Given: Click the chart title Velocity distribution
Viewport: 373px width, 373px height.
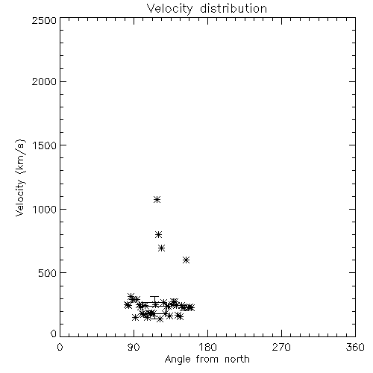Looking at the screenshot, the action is pos(207,8).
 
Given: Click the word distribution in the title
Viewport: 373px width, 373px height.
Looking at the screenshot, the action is pos(233,8).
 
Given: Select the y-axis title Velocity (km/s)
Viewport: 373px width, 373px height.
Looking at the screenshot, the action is pos(20,178).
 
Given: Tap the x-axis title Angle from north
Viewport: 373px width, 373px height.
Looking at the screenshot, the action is pos(207,359).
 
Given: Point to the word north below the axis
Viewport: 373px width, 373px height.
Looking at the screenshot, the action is pos(237,360).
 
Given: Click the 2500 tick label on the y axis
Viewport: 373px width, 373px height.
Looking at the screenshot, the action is pos(44,20).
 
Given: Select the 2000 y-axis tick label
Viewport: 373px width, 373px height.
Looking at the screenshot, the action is pos(44,82).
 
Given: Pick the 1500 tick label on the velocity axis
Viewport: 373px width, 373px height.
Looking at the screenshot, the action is pos(45,145).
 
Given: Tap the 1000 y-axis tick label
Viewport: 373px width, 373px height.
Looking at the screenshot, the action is pos(45,210).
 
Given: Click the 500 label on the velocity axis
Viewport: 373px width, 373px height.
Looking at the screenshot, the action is pos(48,273).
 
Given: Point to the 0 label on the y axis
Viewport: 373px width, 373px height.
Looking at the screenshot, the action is pos(54,333).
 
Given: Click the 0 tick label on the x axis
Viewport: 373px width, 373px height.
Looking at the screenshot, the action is pos(60,347).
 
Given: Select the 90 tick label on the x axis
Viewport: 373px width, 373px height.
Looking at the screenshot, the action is pos(134,347).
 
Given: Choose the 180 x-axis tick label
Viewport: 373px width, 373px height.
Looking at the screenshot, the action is pos(207,347).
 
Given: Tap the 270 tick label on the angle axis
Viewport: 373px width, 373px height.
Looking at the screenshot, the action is pos(281,347).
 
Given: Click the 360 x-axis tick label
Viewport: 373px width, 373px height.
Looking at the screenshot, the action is pos(355,347).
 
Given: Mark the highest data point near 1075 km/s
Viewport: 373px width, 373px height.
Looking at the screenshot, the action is pos(157,199).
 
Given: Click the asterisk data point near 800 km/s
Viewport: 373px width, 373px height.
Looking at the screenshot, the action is pos(158,234).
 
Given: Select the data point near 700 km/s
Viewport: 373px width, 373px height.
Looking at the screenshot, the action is pos(161,248).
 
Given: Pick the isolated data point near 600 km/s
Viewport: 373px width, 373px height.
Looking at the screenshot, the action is pos(186,260).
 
